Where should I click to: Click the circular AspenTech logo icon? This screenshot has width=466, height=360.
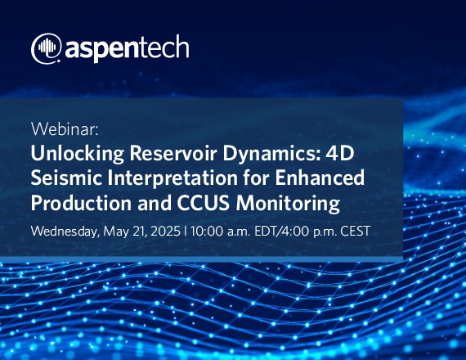click(47, 48)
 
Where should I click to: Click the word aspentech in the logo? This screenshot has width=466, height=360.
click(127, 48)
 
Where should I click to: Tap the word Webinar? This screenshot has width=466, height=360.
click(65, 128)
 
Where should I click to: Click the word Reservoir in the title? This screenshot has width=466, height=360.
click(173, 153)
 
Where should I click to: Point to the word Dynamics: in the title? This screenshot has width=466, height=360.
click(271, 154)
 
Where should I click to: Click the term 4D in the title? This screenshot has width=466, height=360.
click(340, 153)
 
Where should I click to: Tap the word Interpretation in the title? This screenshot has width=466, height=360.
click(173, 178)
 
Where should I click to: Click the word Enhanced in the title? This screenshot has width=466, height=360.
click(320, 178)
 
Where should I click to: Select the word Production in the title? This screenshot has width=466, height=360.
click(81, 203)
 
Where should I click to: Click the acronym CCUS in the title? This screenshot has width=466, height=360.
click(204, 203)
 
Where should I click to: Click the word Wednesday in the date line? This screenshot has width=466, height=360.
click(65, 232)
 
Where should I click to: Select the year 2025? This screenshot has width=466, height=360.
click(165, 231)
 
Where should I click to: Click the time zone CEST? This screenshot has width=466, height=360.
click(356, 231)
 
